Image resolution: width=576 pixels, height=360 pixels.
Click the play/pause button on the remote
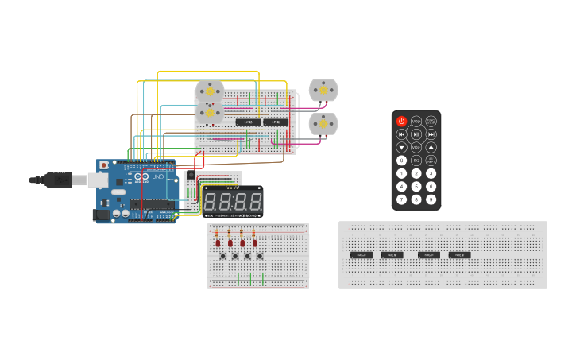pos(416,134)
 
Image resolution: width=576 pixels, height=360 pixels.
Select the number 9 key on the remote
pos(431,199)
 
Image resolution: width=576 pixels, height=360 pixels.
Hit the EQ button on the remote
pos(416,161)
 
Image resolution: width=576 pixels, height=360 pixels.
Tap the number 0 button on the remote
pos(401,161)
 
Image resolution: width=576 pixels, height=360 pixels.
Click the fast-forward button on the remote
pos(431,134)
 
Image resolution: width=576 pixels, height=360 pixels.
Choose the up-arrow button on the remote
pos(431,147)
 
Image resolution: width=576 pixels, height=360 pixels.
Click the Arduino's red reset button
pos(103,165)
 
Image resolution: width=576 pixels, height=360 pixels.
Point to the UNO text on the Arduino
pos(157,176)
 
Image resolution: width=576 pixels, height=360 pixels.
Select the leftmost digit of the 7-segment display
pos(212,201)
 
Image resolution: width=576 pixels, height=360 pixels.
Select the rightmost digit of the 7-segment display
pos(254,201)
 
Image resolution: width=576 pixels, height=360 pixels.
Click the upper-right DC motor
pos(323,91)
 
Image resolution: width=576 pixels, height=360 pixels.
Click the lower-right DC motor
pos(323,124)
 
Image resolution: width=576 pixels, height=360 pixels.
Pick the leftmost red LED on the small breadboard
pos(218,242)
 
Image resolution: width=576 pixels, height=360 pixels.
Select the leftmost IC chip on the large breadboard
pos(361,255)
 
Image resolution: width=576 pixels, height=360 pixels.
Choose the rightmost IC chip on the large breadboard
pos(459,255)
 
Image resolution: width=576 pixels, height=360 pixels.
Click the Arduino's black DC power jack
pos(101,214)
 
